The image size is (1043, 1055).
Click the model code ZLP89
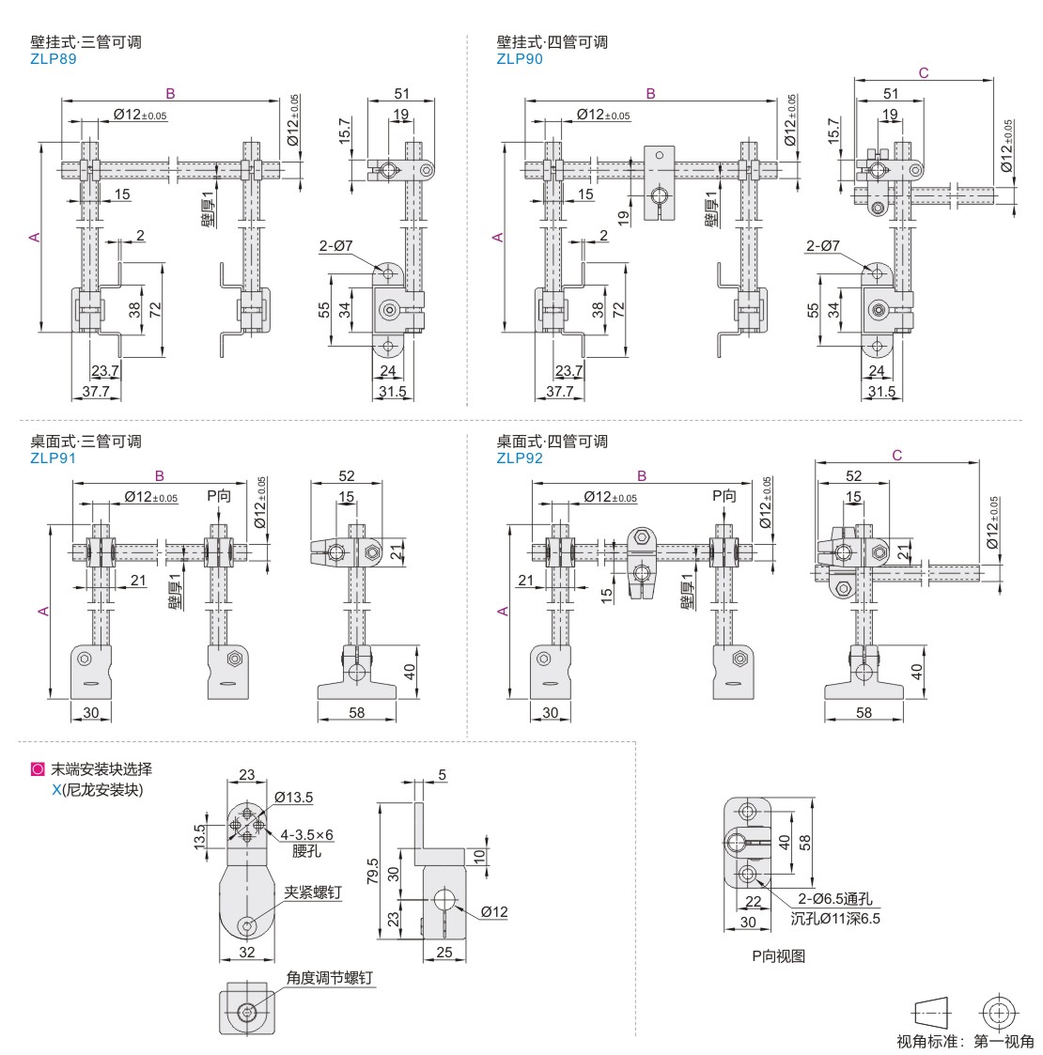[x=53, y=58]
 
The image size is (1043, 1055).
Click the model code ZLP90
[x=520, y=58]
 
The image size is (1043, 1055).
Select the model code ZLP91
[x=53, y=458]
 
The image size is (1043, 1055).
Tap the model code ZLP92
[x=520, y=458]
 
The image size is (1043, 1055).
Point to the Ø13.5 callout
[x=293, y=798]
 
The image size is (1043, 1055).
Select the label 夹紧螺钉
[x=313, y=893]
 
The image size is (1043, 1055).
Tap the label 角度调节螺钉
[x=329, y=978]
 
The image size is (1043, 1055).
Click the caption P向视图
[x=778, y=956]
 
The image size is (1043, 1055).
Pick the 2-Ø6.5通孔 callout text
[x=835, y=900]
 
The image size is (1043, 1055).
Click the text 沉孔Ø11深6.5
[x=835, y=918]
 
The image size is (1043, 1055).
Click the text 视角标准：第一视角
[x=965, y=1041]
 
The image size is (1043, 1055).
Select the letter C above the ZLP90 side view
[x=923, y=72]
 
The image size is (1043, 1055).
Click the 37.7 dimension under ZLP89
[x=97, y=391]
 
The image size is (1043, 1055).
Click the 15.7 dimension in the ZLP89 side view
[x=345, y=129]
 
